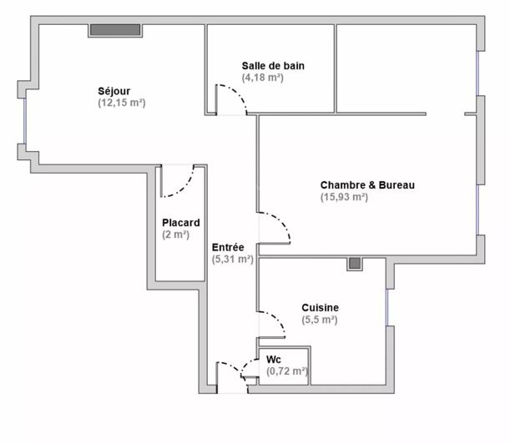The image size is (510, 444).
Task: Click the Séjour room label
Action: (x=114, y=91)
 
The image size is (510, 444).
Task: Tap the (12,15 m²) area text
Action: (x=121, y=103)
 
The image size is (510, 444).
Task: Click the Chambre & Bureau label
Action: (x=367, y=185)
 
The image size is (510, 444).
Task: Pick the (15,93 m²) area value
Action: (x=344, y=197)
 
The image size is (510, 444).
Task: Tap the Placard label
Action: (x=181, y=223)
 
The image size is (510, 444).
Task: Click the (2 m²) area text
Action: (x=177, y=235)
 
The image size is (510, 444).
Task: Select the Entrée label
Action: (x=228, y=247)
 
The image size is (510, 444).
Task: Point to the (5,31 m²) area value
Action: (x=233, y=259)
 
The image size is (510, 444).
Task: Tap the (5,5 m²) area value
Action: (x=320, y=320)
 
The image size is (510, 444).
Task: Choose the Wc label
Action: (x=274, y=359)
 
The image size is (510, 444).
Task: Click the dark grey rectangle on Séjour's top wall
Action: (x=115, y=30)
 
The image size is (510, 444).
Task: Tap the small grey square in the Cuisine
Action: (x=356, y=265)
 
